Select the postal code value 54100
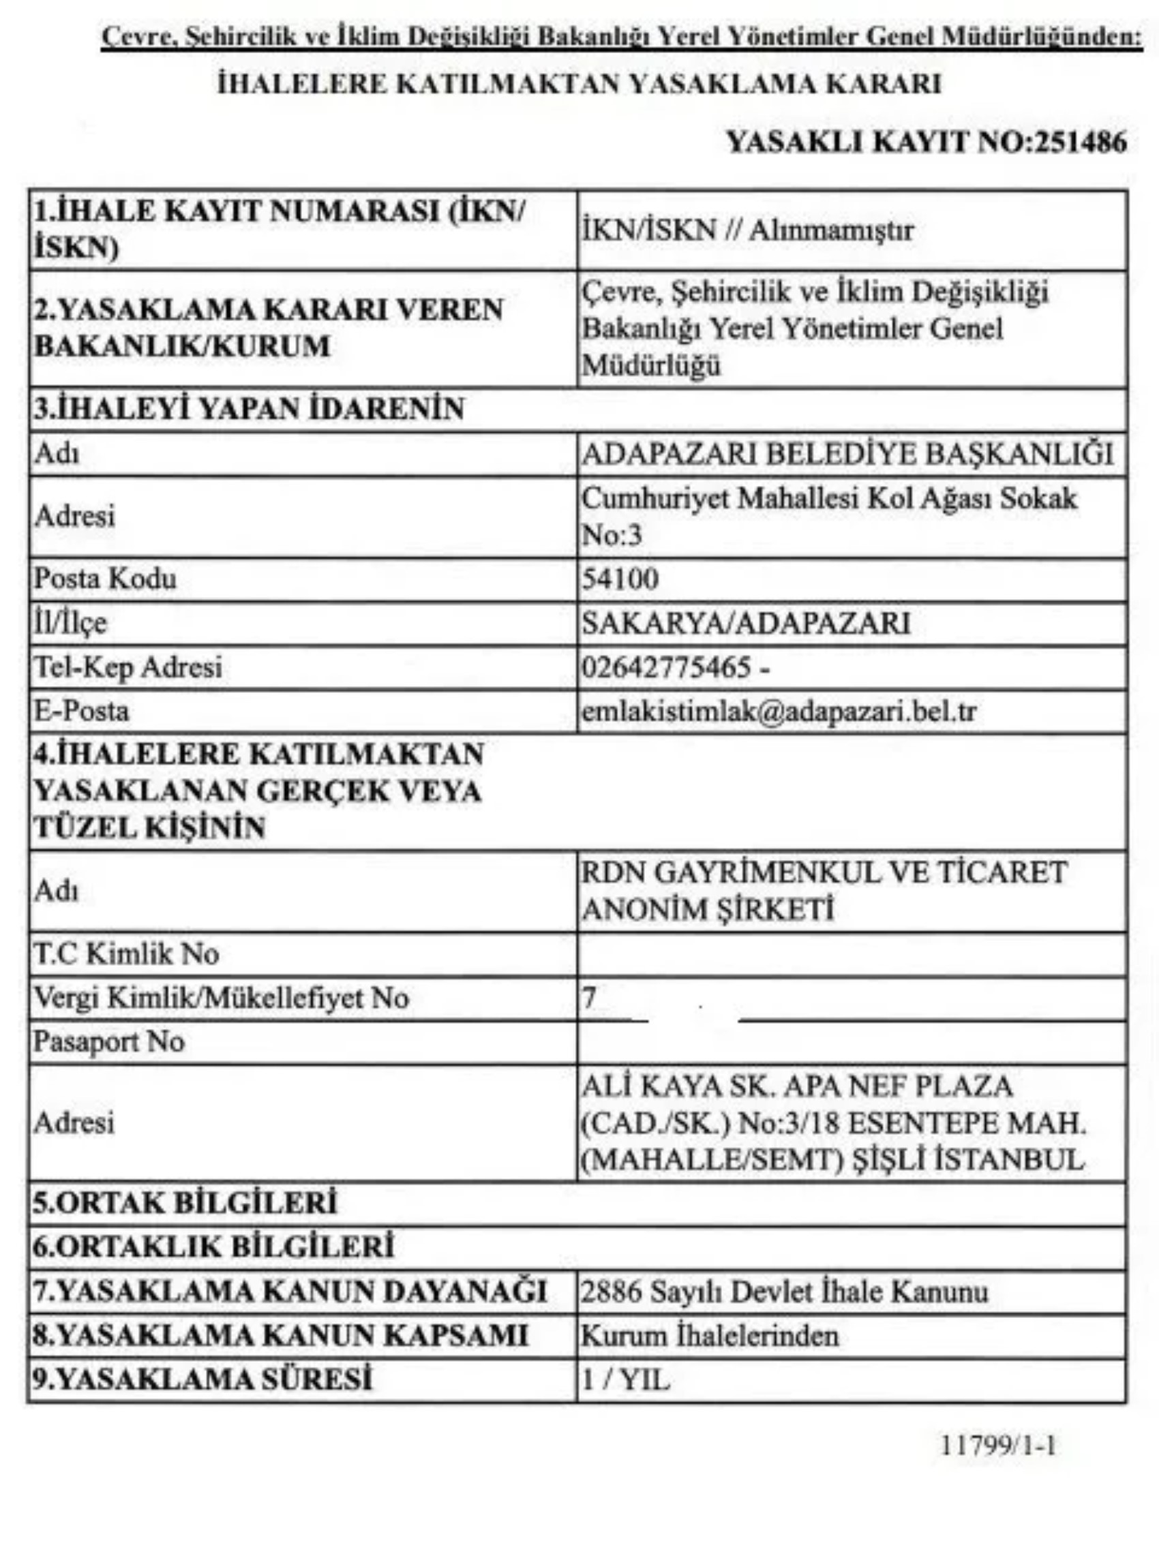point(620,579)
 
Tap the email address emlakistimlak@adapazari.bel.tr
point(779,712)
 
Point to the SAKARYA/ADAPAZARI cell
point(745,623)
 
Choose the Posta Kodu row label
point(106,579)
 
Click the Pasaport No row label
point(109,1041)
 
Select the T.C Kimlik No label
point(126,953)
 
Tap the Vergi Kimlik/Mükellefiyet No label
point(221,998)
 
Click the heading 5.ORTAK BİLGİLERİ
point(185,1203)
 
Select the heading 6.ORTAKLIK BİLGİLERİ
point(214,1246)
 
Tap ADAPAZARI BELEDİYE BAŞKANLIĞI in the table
point(847,454)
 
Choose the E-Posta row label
point(82,711)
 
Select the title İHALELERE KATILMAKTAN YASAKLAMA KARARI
point(579,85)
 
